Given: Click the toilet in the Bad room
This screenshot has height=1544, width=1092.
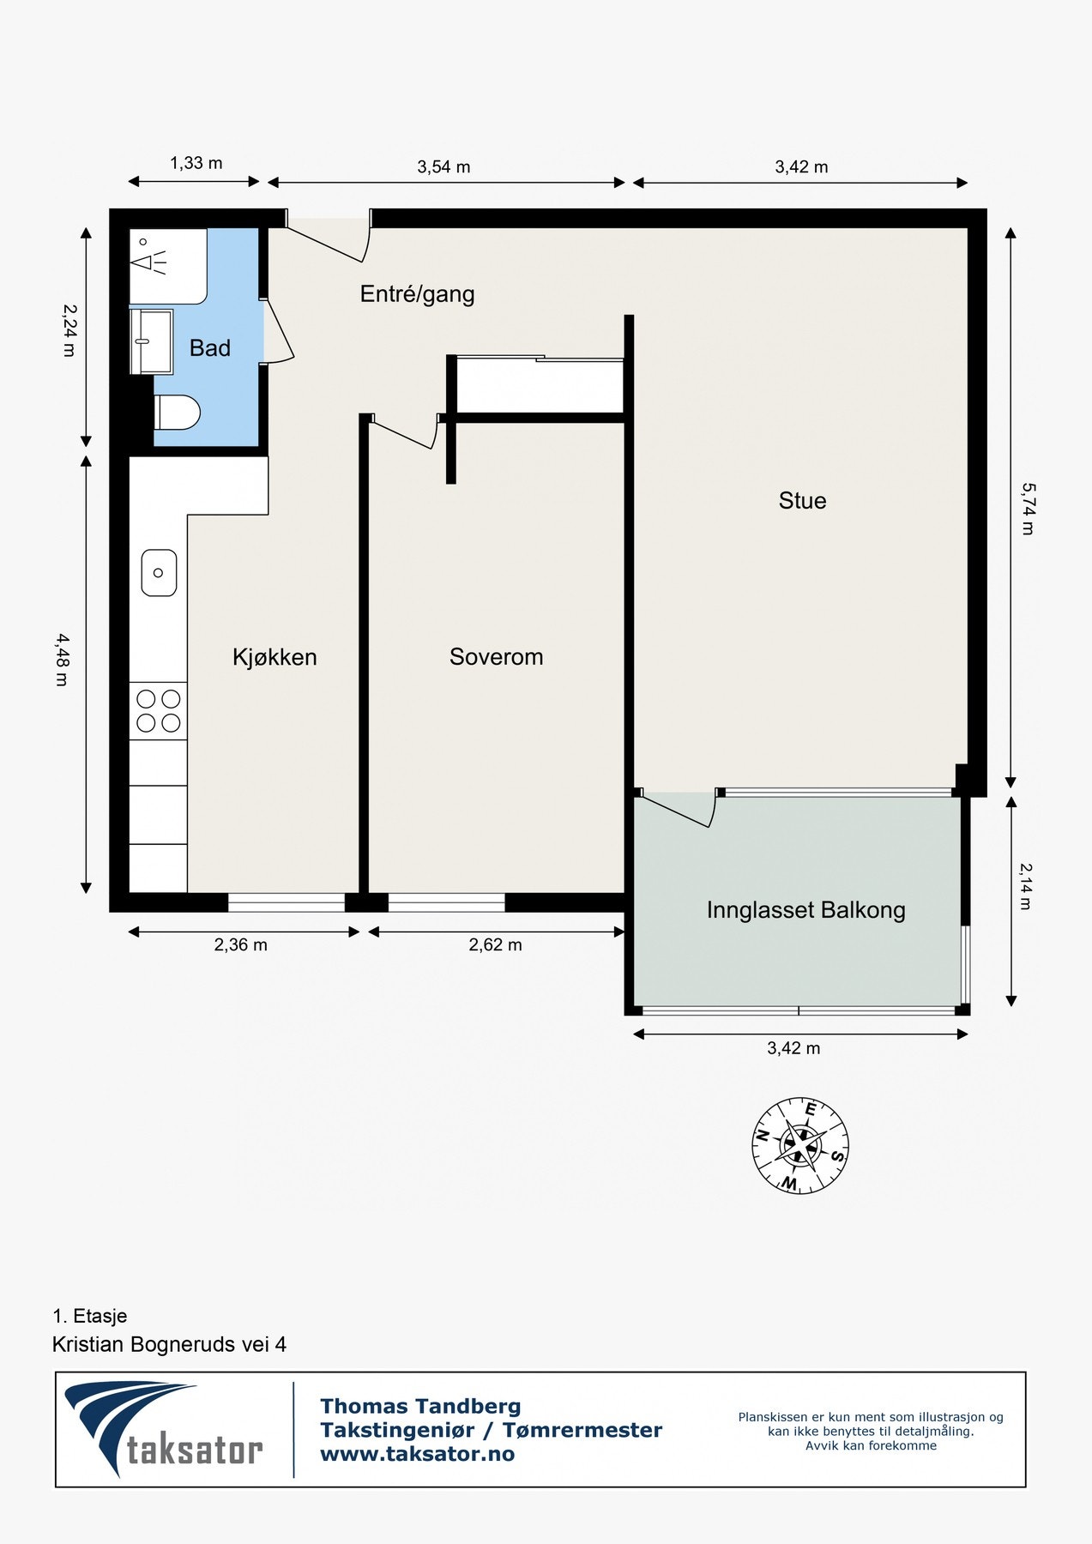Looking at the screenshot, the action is click(x=178, y=413).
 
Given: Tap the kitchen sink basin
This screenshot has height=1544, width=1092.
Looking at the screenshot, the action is click(x=159, y=573).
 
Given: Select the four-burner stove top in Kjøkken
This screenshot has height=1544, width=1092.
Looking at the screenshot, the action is click(x=159, y=711).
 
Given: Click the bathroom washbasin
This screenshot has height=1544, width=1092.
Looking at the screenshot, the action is click(x=152, y=341).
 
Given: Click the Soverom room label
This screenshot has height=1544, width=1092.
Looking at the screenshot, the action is click(x=496, y=657).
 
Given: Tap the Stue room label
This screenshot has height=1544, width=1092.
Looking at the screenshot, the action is click(x=802, y=501).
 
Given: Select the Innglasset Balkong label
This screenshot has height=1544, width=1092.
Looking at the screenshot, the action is click(x=805, y=910).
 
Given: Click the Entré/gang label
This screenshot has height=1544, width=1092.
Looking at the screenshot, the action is click(x=417, y=294).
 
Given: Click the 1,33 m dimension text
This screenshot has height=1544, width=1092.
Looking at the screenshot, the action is click(x=196, y=163).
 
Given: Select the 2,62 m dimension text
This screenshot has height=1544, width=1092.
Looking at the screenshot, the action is click(x=495, y=945).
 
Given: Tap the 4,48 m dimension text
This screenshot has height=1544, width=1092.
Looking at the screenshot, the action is click(x=62, y=660).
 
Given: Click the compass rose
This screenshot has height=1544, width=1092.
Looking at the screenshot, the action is click(x=800, y=1145).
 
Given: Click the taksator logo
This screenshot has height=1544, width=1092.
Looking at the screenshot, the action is click(x=164, y=1428).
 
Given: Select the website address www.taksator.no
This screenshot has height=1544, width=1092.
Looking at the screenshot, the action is click(x=417, y=1454).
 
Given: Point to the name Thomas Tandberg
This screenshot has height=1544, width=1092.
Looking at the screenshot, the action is click(x=420, y=1406).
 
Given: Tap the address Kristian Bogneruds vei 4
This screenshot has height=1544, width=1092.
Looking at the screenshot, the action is click(x=169, y=1344).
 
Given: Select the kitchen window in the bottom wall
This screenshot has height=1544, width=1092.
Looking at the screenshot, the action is click(x=287, y=902).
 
